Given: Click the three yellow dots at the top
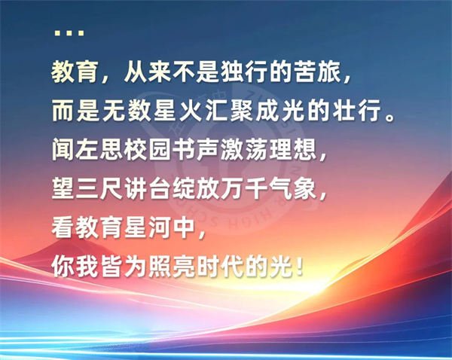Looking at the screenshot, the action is coord(69,32).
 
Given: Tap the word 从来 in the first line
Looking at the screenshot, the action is coord(136,72).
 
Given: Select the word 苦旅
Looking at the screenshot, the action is coord(317,72).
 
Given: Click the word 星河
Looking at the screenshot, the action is coord(148,228).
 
